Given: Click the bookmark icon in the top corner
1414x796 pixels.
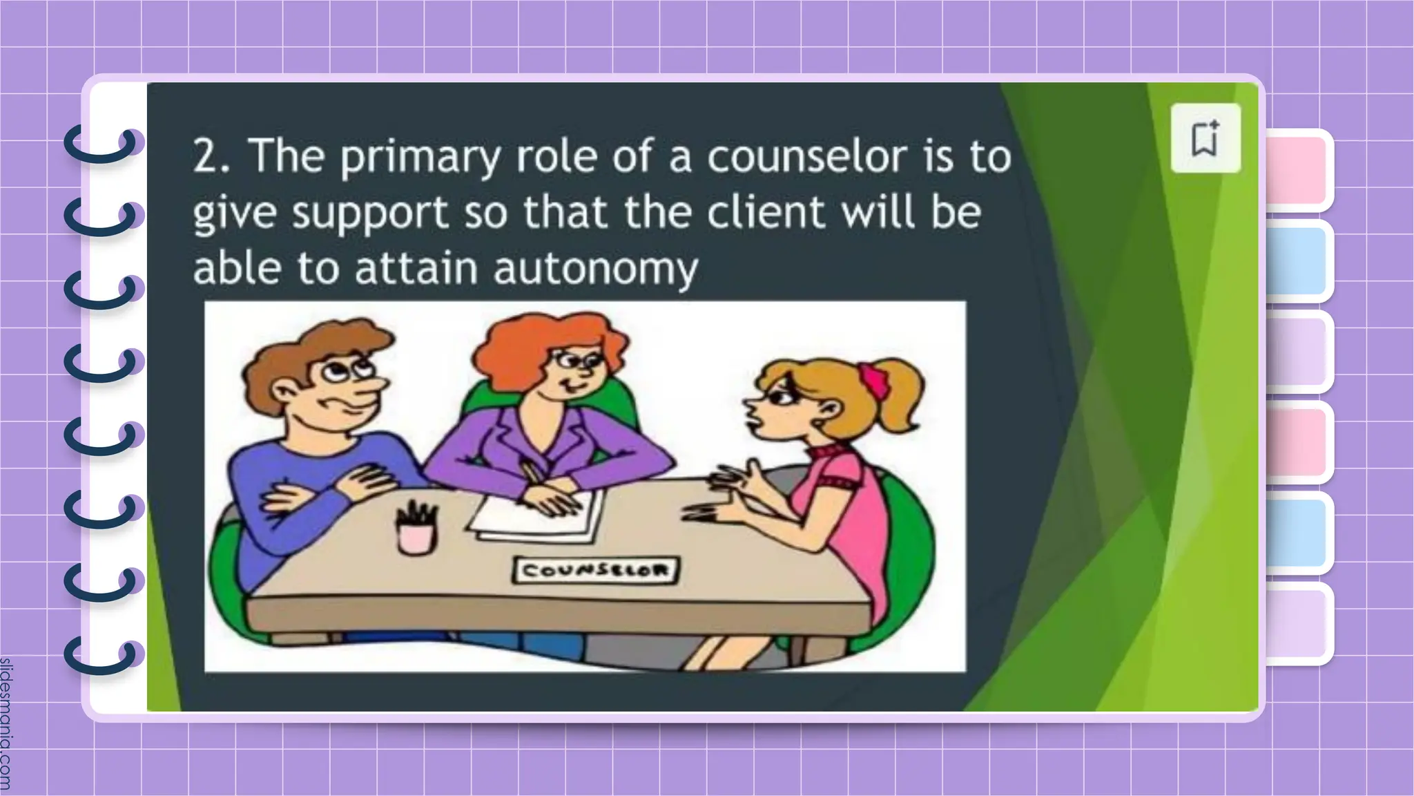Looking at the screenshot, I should click(x=1205, y=138).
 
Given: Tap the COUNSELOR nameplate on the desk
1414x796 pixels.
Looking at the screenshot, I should click(x=595, y=571).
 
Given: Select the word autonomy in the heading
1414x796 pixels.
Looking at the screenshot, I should click(x=595, y=268).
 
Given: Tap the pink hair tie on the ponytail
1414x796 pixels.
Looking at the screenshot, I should click(x=873, y=379).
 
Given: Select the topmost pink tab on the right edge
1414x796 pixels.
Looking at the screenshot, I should click(x=1298, y=169).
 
